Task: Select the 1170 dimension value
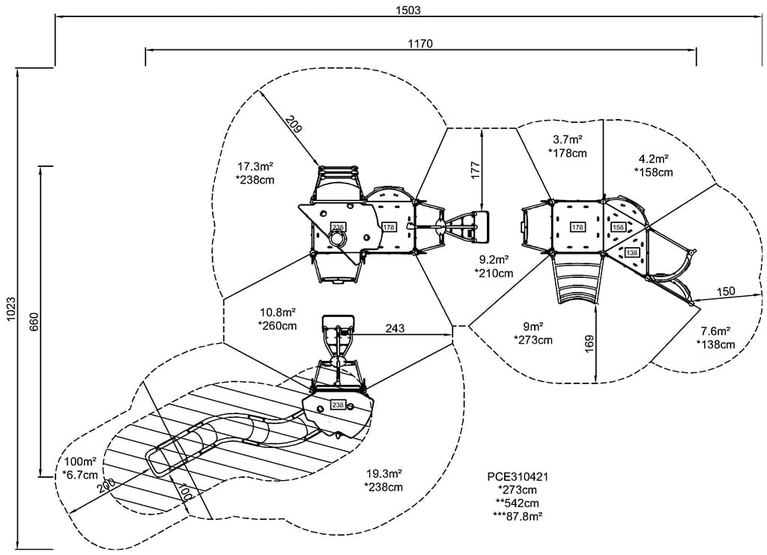pyautogui.click(x=420, y=43)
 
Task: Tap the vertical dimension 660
pyautogui.click(x=34, y=321)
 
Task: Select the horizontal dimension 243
pyautogui.click(x=395, y=328)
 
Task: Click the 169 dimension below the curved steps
pyautogui.click(x=590, y=343)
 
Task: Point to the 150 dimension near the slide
pyautogui.click(x=725, y=291)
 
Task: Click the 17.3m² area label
pyautogui.click(x=254, y=166)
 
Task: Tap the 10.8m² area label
pyautogui.click(x=277, y=312)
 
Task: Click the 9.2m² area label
pyautogui.click(x=494, y=259)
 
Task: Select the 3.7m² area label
pyautogui.click(x=567, y=139)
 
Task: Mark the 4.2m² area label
pyautogui.click(x=653, y=159)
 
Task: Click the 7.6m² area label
pyautogui.click(x=715, y=330)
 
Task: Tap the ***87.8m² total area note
pyautogui.click(x=517, y=516)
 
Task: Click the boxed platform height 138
pyautogui.click(x=631, y=253)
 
